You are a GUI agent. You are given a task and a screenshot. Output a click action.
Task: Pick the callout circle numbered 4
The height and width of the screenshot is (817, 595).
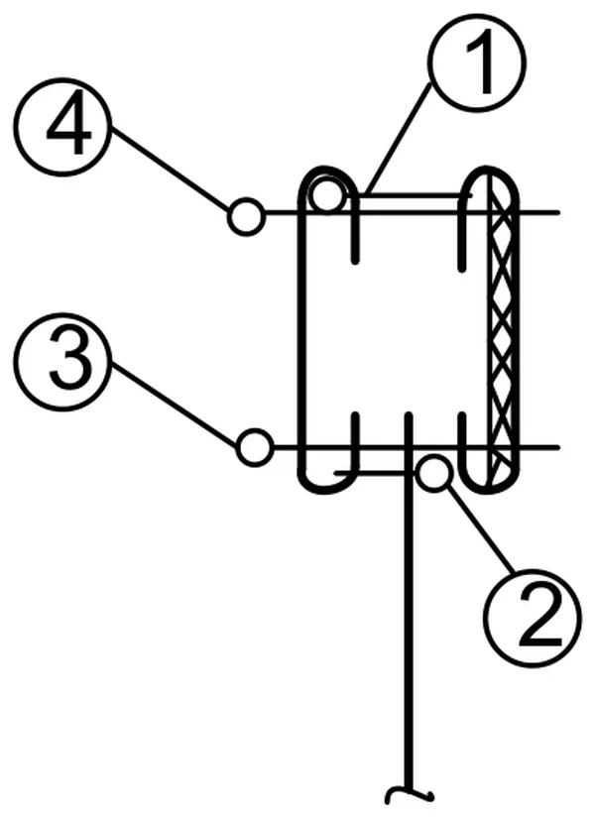(62, 127)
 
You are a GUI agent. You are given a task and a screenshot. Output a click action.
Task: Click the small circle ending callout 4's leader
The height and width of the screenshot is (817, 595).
(246, 217)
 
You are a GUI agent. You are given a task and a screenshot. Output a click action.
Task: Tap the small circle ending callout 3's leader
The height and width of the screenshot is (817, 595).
(255, 447)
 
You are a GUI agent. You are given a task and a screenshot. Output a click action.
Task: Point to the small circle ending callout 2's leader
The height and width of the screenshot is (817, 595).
(434, 473)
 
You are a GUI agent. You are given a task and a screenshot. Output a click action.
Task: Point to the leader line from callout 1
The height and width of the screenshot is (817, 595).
(399, 137)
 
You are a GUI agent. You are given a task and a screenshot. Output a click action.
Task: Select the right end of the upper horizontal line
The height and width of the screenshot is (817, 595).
(559, 212)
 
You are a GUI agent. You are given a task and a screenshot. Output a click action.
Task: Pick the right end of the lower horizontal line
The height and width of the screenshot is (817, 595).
(559, 447)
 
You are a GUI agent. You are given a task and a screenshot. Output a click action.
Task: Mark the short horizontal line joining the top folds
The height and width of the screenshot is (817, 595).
(415, 195)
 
